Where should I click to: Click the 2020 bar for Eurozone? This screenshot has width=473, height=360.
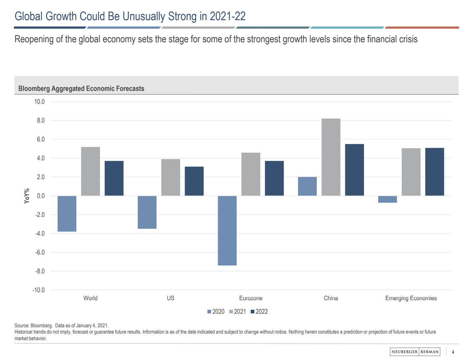click(227, 230)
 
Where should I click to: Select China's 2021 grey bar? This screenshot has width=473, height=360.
click(331, 157)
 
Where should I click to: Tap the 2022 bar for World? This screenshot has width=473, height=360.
click(114, 178)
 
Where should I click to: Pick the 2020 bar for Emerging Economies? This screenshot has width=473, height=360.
click(387, 199)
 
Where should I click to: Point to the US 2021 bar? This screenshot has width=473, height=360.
click(171, 177)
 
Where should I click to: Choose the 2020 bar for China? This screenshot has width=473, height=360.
click(307, 186)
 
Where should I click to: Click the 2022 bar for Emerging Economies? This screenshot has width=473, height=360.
click(434, 172)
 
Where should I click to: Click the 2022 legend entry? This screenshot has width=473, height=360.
click(259, 311)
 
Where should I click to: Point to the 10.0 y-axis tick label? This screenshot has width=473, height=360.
click(39, 101)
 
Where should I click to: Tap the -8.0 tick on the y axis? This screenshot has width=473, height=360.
click(40, 271)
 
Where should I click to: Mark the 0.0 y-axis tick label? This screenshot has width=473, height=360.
click(41, 196)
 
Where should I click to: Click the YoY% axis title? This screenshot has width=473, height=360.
click(27, 196)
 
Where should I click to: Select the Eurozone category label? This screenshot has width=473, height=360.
click(251, 298)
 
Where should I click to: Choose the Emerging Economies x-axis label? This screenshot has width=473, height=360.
click(411, 298)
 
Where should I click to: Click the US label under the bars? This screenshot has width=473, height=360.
click(170, 298)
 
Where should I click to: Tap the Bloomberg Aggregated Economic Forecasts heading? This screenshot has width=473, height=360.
click(81, 89)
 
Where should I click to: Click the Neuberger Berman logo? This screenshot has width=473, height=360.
click(415, 352)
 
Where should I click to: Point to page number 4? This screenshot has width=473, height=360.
click(453, 352)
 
